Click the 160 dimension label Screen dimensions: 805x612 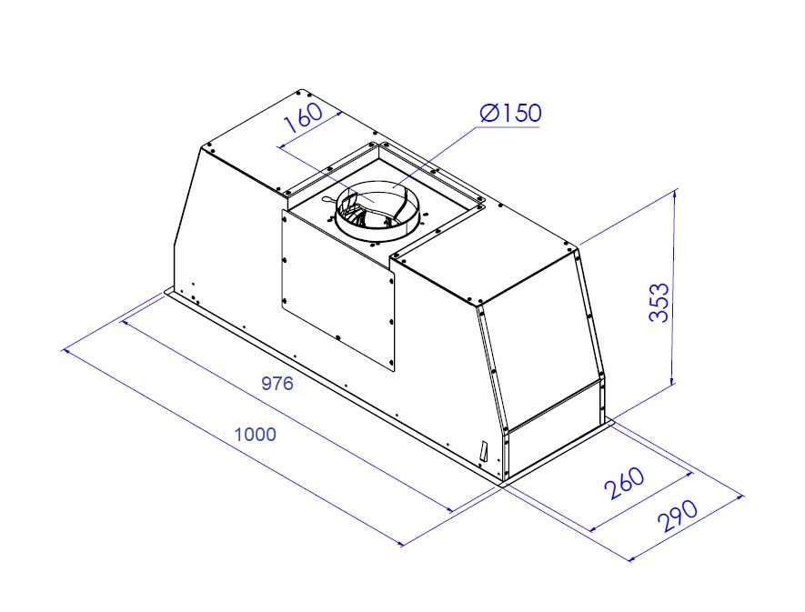pyautogui.click(x=304, y=118)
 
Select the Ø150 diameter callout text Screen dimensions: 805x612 pyautogui.click(x=510, y=113)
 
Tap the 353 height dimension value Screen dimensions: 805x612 pyautogui.click(x=659, y=302)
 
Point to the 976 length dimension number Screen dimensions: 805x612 pyautogui.click(x=277, y=383)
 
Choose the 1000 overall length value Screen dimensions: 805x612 pyautogui.click(x=256, y=435)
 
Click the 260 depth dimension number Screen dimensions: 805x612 pyautogui.click(x=624, y=483)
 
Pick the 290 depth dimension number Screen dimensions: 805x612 pyautogui.click(x=678, y=516)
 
